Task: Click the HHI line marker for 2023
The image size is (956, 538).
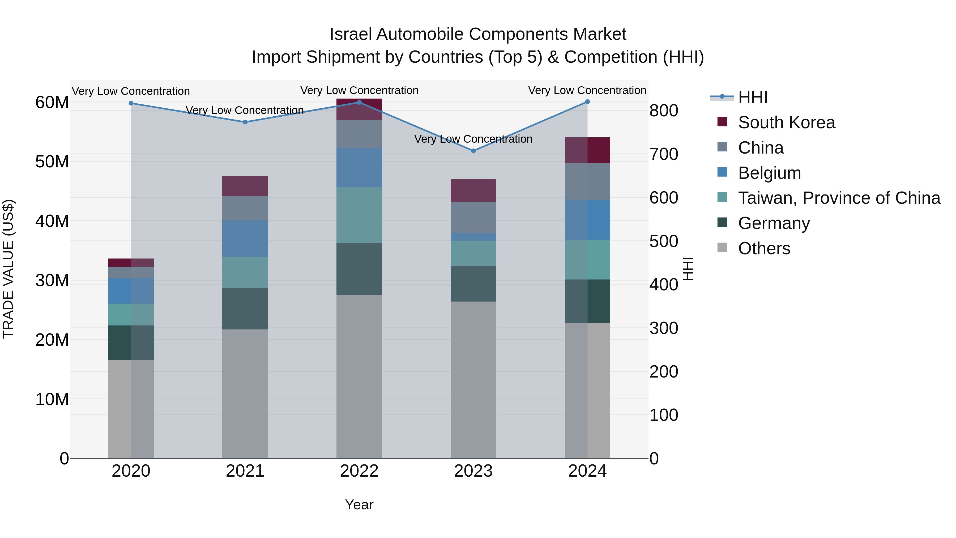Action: point(473,151)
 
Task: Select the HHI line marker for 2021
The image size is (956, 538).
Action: point(245,122)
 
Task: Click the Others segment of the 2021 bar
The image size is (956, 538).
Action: point(245,393)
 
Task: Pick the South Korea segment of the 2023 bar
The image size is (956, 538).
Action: point(473,190)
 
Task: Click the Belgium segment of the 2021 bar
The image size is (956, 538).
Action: point(245,238)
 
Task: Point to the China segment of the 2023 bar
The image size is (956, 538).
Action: point(473,217)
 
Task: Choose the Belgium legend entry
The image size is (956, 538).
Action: point(769,173)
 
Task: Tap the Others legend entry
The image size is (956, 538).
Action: point(764,248)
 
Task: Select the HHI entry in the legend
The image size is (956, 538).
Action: point(752,97)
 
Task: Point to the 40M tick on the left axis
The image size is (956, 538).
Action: point(52,221)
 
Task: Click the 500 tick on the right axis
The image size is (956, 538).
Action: point(664,241)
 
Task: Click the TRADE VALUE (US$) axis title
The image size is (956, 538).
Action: point(8,269)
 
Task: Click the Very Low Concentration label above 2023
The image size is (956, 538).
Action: point(473,139)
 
